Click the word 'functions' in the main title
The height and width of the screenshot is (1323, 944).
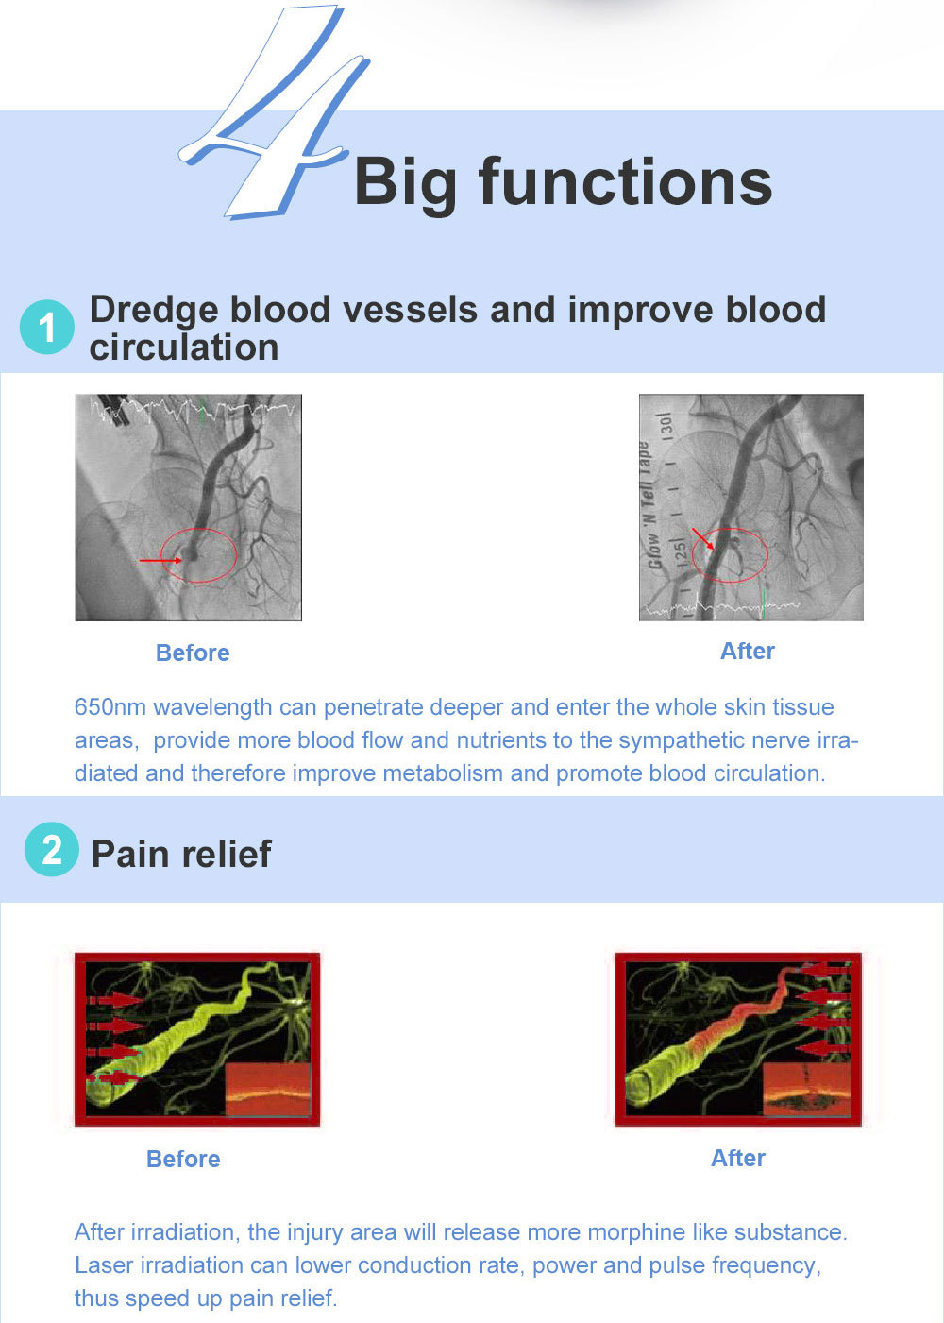[625, 181]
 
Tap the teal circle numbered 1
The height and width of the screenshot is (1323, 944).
[47, 327]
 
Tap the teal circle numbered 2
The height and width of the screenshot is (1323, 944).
[51, 849]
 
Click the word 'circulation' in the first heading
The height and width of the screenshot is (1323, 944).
[184, 348]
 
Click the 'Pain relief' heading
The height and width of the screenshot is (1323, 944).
[181, 854]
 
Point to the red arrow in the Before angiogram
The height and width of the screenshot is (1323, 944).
[160, 560]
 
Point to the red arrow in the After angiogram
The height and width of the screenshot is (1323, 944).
[703, 538]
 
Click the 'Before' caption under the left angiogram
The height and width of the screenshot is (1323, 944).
[193, 653]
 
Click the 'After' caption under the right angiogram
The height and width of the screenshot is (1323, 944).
[748, 651]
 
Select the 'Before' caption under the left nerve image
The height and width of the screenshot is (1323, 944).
[183, 1159]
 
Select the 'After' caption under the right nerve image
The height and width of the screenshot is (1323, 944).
[738, 1158]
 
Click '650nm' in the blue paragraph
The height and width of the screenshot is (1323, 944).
[110, 707]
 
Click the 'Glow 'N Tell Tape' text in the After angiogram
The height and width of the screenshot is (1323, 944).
[649, 504]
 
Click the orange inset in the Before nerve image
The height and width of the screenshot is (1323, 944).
[269, 1092]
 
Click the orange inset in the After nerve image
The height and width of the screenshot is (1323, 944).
[806, 1092]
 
